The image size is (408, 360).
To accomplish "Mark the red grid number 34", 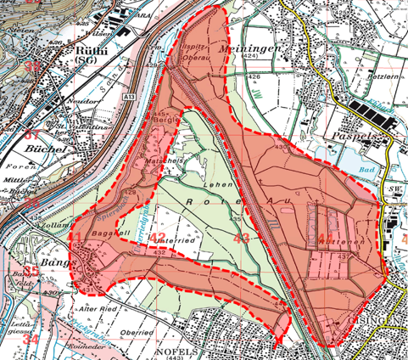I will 31,338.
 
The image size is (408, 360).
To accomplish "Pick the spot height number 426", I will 254,77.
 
